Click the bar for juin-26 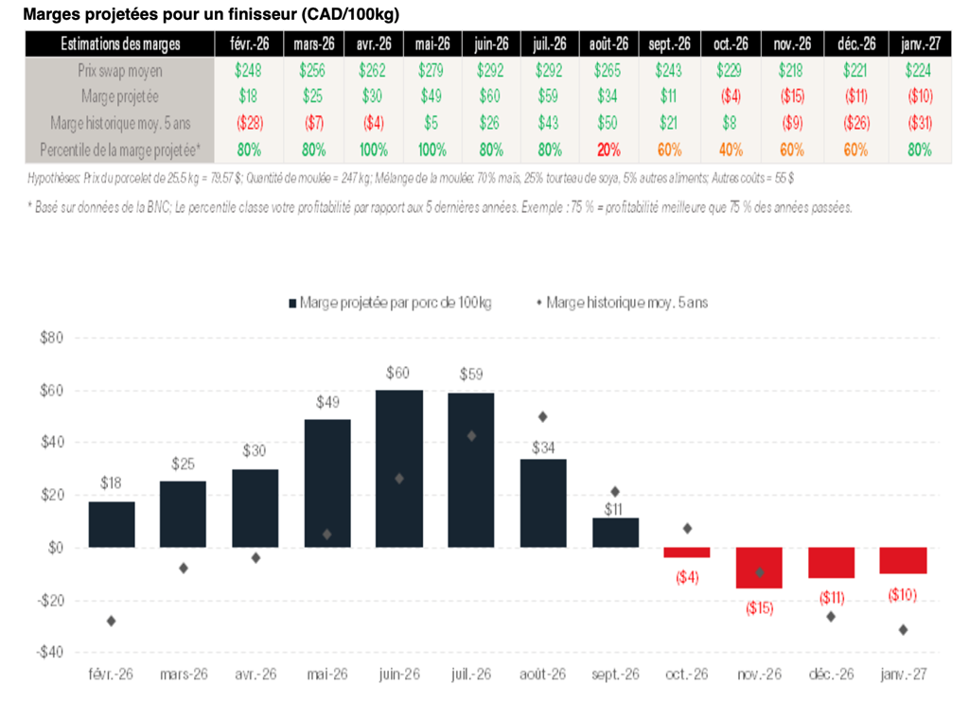tap(399, 468)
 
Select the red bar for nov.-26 tap(759, 568)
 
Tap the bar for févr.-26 tap(112, 524)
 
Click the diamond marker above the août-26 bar tap(543, 416)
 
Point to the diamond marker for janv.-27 tap(903, 629)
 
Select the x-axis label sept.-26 tap(615, 675)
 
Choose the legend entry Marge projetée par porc tap(389, 303)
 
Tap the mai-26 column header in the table tap(432, 44)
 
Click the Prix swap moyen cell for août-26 tap(608, 70)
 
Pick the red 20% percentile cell tap(608, 149)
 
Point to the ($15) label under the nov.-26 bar tap(759, 608)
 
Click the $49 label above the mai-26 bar tap(327, 402)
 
